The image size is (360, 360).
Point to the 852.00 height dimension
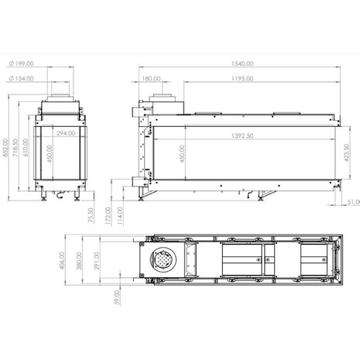pyautogui.click(x=5, y=147)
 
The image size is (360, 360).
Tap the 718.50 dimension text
pyautogui.click(x=15, y=147)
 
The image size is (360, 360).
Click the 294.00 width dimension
pyautogui.click(x=66, y=132)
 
